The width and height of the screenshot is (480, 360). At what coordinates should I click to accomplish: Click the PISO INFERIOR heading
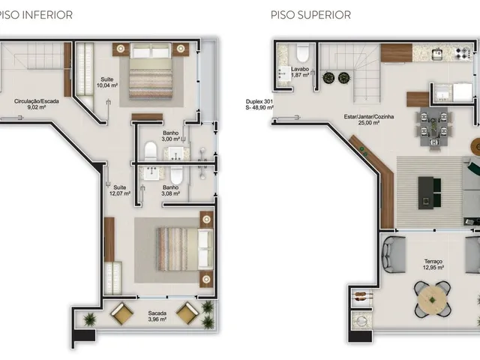coord(36,15)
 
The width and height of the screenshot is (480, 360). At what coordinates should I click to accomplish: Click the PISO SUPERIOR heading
coord(310,15)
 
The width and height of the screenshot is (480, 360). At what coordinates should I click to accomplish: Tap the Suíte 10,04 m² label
coord(107,82)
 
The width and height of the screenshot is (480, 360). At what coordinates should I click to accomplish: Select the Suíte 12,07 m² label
coord(120,190)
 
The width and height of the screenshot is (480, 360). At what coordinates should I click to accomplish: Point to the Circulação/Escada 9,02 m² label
coord(37,104)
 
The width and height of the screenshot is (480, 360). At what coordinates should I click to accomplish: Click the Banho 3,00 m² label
coord(171,136)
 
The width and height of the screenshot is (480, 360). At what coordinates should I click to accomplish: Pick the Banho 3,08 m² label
coord(171,190)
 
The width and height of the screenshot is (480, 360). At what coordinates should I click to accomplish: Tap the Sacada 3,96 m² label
coord(157,316)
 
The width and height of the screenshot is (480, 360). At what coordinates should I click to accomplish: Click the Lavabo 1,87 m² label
coord(300,72)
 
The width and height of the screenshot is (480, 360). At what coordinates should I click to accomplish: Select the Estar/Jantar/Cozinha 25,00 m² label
coord(369,120)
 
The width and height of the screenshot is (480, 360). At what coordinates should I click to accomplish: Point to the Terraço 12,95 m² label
coord(433,265)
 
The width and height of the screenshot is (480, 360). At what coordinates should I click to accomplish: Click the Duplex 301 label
coord(259,102)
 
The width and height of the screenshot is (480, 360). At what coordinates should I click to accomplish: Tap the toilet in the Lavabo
coord(303,52)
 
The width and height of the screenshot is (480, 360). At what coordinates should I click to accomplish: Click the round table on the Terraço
coord(432,299)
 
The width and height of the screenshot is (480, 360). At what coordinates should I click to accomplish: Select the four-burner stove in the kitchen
coord(463,53)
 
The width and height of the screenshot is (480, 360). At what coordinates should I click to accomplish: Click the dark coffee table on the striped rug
coord(426,193)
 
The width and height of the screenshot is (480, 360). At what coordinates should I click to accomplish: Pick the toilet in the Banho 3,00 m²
coord(151,151)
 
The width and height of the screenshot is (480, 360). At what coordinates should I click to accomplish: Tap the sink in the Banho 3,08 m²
coord(151,173)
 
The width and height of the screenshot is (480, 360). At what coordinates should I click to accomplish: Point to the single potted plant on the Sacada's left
coord(90,319)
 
